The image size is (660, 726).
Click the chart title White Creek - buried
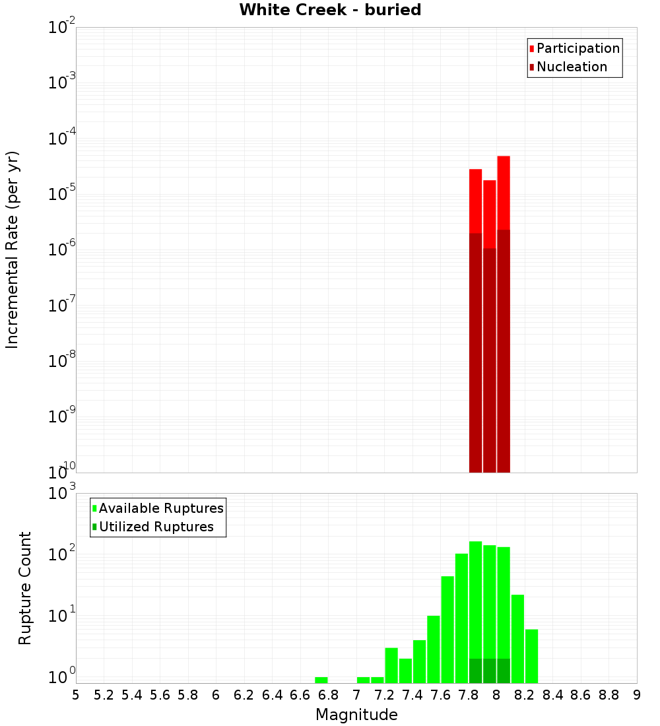330,10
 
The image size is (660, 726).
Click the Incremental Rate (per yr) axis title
13,250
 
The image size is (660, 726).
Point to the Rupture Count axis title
25,588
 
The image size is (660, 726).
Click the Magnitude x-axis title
356,714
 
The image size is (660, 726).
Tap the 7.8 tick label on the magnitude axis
469,695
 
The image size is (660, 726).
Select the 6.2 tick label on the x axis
244,695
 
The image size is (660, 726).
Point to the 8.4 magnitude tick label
553,695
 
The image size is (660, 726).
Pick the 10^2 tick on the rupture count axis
63,554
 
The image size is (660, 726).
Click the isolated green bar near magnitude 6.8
321,680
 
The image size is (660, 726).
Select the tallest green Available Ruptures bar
475,594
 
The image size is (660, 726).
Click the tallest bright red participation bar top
504,191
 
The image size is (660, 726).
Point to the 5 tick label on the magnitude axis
76,695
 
